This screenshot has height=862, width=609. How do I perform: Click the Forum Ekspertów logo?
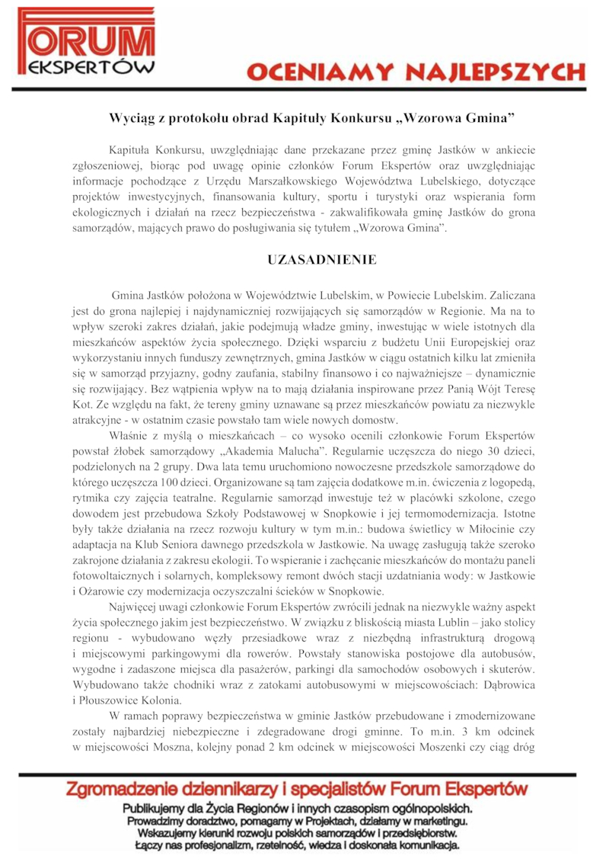pos(86,44)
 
